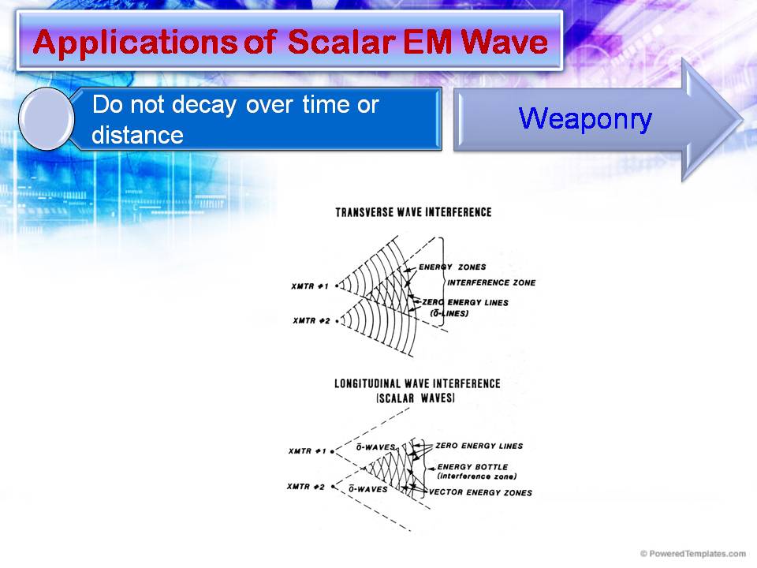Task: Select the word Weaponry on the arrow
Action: tap(585, 118)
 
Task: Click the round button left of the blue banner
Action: tap(46, 119)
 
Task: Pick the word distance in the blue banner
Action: tap(137, 135)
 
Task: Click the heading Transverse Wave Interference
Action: tap(413, 212)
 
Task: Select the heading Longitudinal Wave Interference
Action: tap(417, 383)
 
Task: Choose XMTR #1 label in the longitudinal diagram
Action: tap(308, 451)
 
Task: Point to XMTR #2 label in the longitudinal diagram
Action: tap(307, 487)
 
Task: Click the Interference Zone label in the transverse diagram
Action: tap(490, 282)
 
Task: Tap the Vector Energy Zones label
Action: tap(480, 493)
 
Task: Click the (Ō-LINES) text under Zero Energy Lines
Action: tap(449, 313)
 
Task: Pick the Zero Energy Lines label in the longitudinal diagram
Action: tap(479, 446)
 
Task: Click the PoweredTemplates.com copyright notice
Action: tap(694, 554)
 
